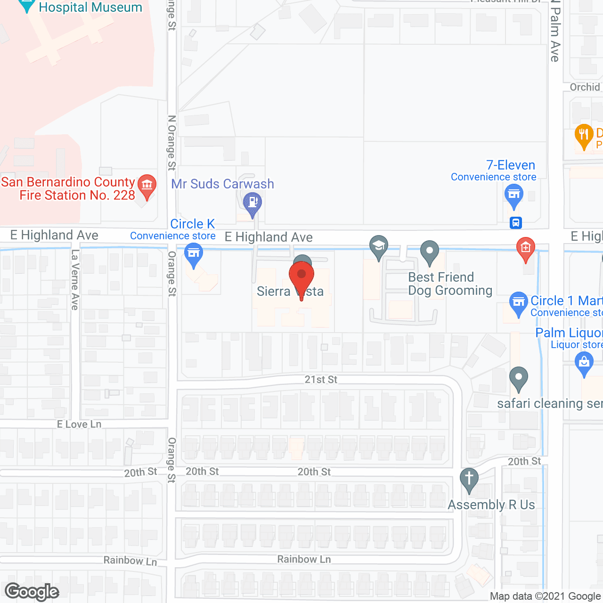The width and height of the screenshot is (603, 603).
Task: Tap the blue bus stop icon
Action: pos(516,222)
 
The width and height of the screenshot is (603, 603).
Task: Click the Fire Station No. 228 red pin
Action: pos(147,185)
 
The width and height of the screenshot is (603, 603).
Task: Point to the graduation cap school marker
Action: pos(379,246)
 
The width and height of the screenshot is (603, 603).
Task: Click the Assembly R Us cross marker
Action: pos(469,479)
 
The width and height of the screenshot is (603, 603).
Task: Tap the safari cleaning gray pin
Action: pos(519,378)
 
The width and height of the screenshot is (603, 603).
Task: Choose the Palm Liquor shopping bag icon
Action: pos(584,363)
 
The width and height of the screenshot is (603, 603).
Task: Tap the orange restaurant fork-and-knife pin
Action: pos(584,135)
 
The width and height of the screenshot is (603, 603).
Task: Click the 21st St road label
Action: pos(321,380)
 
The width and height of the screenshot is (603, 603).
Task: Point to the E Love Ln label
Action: pos(79,424)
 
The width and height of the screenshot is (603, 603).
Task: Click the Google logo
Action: pos(32,592)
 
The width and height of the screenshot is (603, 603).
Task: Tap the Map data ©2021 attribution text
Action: pos(545,596)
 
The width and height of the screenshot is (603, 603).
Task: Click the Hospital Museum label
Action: pos(90,8)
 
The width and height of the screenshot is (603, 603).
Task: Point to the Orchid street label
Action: pos(585,87)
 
